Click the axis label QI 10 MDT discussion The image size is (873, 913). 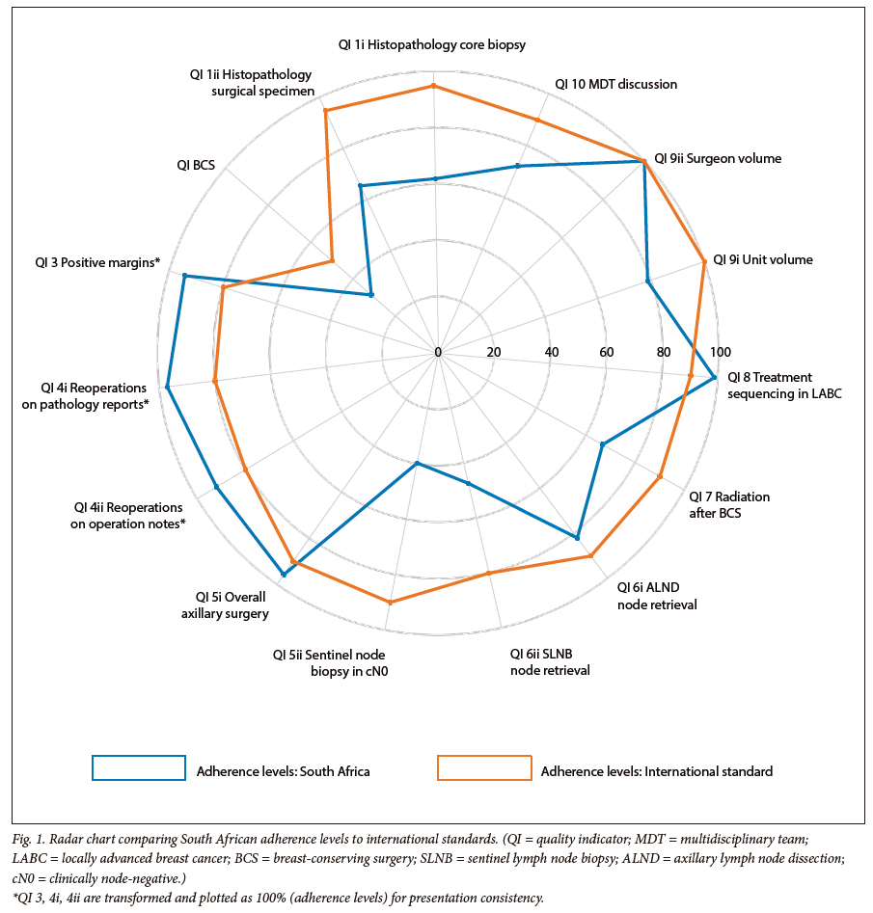(x=615, y=84)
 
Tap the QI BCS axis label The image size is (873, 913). (x=197, y=165)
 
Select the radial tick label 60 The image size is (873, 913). (x=607, y=352)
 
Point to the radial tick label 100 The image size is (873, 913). (x=721, y=352)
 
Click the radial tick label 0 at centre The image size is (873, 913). (x=438, y=352)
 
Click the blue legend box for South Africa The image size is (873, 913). (x=138, y=767)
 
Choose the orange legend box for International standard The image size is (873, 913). (x=484, y=767)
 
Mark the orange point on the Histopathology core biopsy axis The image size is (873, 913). (x=434, y=86)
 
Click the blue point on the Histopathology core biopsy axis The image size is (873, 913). (x=435, y=178)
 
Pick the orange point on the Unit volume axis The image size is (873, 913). (x=704, y=261)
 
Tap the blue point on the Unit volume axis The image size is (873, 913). (x=648, y=282)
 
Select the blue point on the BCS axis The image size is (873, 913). (x=371, y=295)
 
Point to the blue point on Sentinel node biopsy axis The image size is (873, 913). (x=417, y=464)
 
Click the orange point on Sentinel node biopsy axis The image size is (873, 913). (x=390, y=603)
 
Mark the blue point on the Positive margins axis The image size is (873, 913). (x=183, y=277)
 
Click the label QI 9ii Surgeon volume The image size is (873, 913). (x=718, y=158)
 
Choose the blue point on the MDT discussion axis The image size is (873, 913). (x=518, y=166)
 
